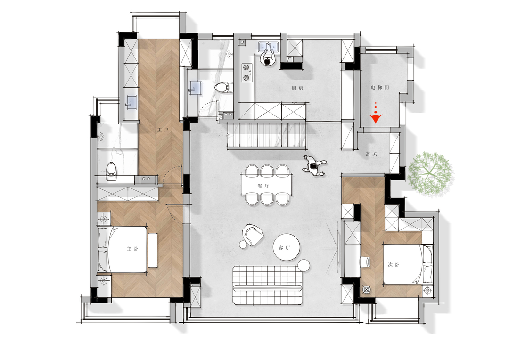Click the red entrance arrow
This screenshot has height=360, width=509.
tap(376, 117)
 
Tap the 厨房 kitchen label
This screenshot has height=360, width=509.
tap(297, 88)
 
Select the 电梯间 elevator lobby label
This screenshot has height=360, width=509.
tap(380, 87)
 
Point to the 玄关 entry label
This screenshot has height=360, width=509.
tap(371, 154)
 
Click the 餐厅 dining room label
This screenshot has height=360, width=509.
tap(263, 186)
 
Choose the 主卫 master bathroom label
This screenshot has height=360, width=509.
tap(163, 130)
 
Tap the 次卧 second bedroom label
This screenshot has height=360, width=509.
tap(394, 264)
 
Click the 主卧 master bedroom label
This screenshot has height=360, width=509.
tap(132, 249)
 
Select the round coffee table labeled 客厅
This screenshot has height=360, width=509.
tap(287, 247)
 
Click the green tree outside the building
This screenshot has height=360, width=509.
tap(430, 174)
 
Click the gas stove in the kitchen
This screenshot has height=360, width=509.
tap(247, 73)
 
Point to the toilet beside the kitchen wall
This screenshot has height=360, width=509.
tap(224, 88)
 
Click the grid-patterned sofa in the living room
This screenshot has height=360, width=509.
tap(268, 285)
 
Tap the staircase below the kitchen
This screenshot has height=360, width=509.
tap(266, 135)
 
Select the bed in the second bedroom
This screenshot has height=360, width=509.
tap(408, 264)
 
